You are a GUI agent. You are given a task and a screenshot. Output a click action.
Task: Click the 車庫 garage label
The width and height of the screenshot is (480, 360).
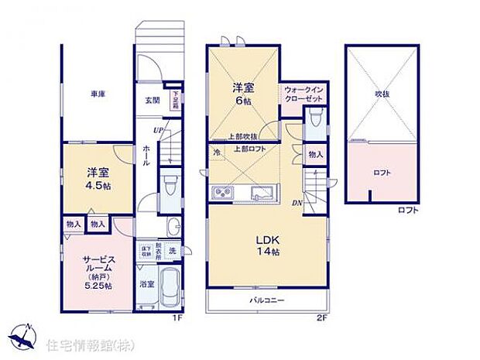point(98,94)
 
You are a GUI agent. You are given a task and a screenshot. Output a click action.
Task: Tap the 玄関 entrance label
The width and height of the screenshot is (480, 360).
point(152,101)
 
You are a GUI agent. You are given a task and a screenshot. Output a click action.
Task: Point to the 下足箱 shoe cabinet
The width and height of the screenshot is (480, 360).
point(177,100)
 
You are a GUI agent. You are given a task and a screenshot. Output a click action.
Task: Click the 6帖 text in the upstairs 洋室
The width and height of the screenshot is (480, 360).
point(245,99)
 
